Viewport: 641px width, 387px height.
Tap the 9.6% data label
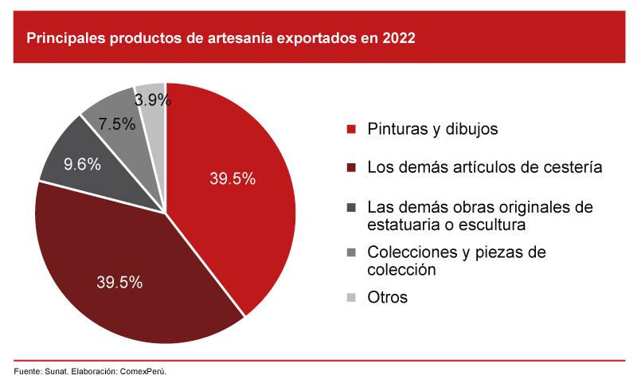click(82, 165)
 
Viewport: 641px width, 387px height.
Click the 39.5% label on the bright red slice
click(233, 179)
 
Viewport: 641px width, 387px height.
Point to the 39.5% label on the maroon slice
click(119, 282)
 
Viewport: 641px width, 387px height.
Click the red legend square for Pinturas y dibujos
click(350, 129)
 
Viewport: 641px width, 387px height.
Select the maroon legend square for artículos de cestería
click(350, 168)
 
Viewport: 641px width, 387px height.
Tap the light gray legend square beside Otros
click(350, 298)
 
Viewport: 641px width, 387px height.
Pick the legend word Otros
click(387, 298)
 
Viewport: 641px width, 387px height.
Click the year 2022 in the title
click(398, 37)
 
